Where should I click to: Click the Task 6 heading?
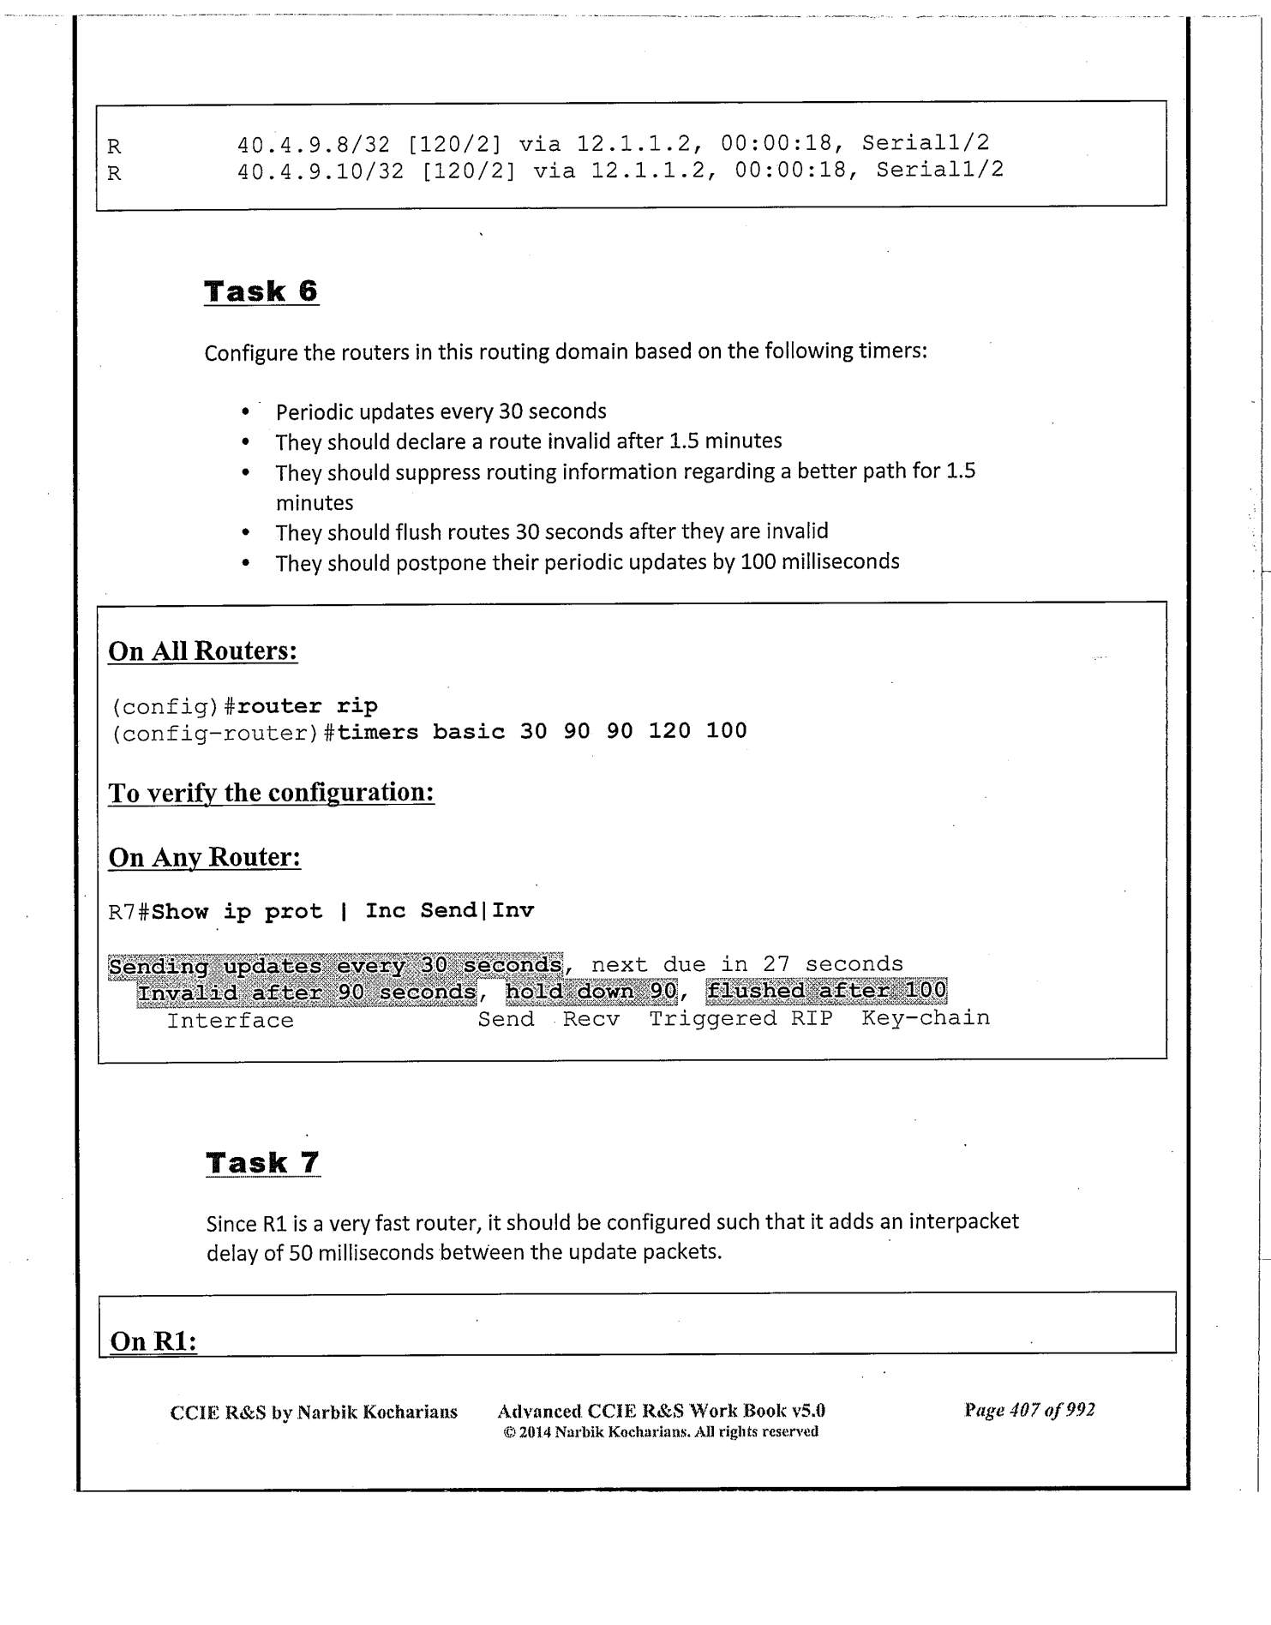tap(261, 291)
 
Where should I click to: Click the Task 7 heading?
tap(262, 1163)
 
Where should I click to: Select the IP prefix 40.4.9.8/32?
tap(314, 143)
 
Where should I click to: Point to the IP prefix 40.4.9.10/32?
tap(321, 171)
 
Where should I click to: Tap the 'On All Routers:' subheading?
tap(202, 651)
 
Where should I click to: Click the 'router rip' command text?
tap(307, 706)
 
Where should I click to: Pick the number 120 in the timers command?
tap(669, 731)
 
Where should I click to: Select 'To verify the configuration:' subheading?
tap(271, 793)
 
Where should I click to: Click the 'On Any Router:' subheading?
tap(204, 858)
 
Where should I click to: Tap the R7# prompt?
tap(129, 912)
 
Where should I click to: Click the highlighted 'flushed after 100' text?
tap(826, 992)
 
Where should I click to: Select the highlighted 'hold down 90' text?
tap(591, 992)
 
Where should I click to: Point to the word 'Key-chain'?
tap(926, 1018)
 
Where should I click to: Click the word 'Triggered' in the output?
tap(712, 1019)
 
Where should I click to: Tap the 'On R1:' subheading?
tap(153, 1341)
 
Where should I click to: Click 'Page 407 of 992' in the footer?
tap(1029, 1410)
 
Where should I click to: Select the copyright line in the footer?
tap(660, 1432)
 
